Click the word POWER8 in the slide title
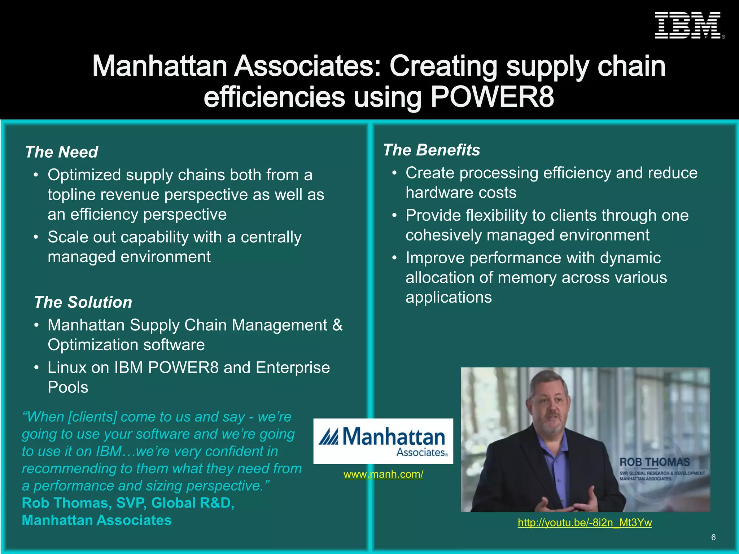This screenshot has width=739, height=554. pos(492,97)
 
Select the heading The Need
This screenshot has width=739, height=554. pos(61,152)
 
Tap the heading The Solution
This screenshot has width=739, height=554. pos(83,302)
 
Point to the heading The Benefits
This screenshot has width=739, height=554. pos(432,150)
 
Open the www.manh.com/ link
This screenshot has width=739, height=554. pos(383,474)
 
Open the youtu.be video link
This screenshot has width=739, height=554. pos(585,522)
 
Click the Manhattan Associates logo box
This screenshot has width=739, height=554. pos(383,441)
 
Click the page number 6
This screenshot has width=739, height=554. pos(713,537)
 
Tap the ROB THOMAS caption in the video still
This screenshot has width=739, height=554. pos(655,462)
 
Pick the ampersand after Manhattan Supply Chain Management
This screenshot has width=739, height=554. pos(337,325)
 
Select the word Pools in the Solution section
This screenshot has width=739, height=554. pos(68,387)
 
